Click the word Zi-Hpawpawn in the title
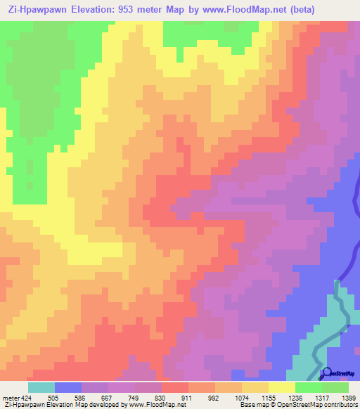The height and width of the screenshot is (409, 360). pos(36,9)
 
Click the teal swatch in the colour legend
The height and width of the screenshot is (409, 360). pos(41,387)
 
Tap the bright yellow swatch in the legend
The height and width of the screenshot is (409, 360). pos(282,387)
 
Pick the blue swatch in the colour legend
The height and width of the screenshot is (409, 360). pos(68,387)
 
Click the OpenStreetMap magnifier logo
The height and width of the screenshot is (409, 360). pos(326,372)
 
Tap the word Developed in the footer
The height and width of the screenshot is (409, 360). pos(99,405)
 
